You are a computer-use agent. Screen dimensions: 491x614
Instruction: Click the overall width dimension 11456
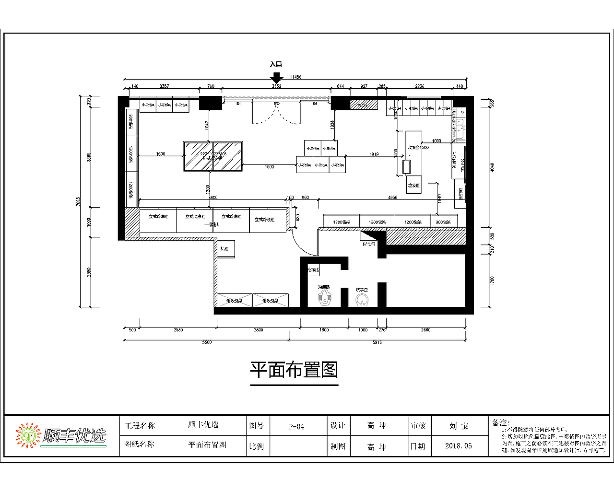[295, 77]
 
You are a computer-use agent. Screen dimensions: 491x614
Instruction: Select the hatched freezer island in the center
[213, 156]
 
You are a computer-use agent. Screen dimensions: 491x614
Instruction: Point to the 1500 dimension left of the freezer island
[161, 154]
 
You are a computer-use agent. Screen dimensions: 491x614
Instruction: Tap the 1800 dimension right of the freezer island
[270, 167]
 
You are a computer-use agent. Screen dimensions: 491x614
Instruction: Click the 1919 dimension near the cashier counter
[374, 154]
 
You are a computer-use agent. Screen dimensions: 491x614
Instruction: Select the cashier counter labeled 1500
[413, 153]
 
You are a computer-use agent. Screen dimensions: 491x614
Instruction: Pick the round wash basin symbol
[362, 300]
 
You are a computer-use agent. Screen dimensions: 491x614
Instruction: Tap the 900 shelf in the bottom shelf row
[443, 222]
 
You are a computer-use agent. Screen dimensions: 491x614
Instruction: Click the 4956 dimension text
[392, 197]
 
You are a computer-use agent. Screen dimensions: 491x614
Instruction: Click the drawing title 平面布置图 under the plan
[294, 370]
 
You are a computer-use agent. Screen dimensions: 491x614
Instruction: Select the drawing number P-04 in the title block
[296, 426]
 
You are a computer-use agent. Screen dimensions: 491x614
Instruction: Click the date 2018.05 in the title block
[458, 446]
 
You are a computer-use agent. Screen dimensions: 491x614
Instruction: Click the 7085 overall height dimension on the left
[78, 201]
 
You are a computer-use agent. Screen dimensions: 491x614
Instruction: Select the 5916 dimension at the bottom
[377, 342]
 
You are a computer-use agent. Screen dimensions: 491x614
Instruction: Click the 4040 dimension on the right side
[492, 167]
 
